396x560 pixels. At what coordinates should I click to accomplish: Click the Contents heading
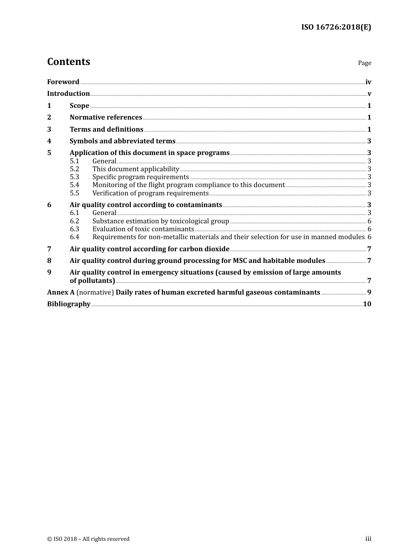pyautogui.click(x=68, y=62)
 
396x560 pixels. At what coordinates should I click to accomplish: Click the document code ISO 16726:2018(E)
pyautogui.click(x=336, y=27)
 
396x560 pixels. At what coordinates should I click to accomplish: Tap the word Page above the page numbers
pyautogui.click(x=364, y=63)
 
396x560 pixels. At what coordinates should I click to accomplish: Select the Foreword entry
pyautogui.click(x=63, y=82)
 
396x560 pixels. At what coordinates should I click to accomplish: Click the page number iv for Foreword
pyautogui.click(x=368, y=82)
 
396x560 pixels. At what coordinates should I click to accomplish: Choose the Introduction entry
pyautogui.click(x=68, y=94)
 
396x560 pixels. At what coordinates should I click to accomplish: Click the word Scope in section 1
pyautogui.click(x=79, y=106)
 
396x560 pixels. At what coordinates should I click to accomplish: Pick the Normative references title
pyautogui.click(x=106, y=117)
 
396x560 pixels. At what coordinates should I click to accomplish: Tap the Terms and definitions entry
pyautogui.click(x=106, y=130)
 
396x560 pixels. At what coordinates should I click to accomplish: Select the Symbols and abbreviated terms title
pyautogui.click(x=123, y=141)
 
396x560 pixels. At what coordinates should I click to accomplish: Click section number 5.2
pyautogui.click(x=74, y=169)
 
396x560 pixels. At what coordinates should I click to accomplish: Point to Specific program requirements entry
pyautogui.click(x=140, y=177)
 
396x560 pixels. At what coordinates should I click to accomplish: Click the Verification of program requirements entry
pyautogui.click(x=150, y=193)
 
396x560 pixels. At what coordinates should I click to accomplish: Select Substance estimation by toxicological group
pyautogui.click(x=160, y=221)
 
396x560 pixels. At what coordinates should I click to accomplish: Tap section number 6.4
pyautogui.click(x=74, y=237)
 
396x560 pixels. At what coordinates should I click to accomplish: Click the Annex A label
pyautogui.click(x=61, y=292)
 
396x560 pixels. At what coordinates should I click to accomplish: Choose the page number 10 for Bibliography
pyautogui.click(x=367, y=304)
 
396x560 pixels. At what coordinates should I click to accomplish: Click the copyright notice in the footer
pyautogui.click(x=88, y=539)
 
